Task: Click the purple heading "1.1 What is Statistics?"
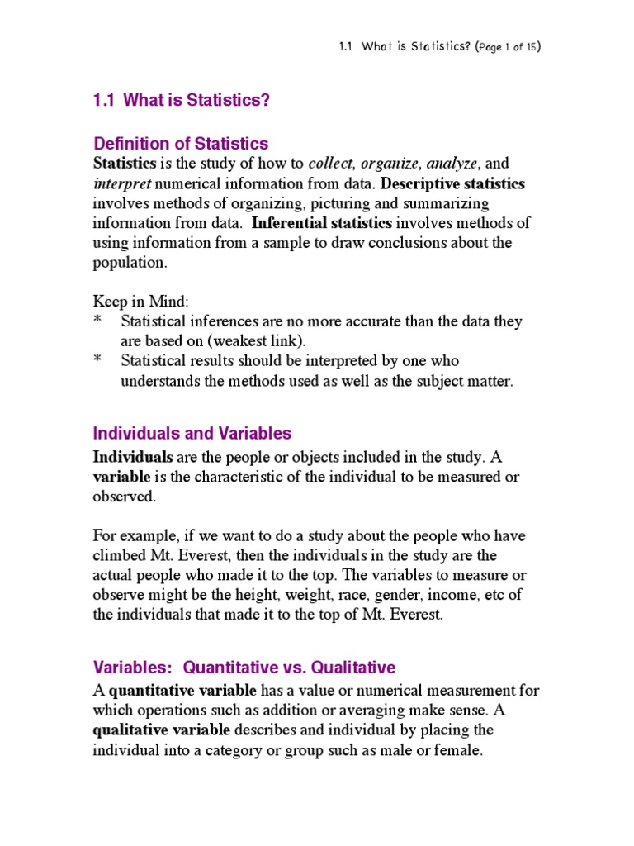pyautogui.click(x=182, y=101)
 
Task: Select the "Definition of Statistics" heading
pyautogui.click(x=181, y=144)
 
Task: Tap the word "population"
pyautogui.click(x=129, y=263)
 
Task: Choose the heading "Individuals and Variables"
pyautogui.click(x=192, y=434)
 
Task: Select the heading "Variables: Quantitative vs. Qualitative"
pyautogui.click(x=244, y=667)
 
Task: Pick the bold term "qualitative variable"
pyautogui.click(x=162, y=730)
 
